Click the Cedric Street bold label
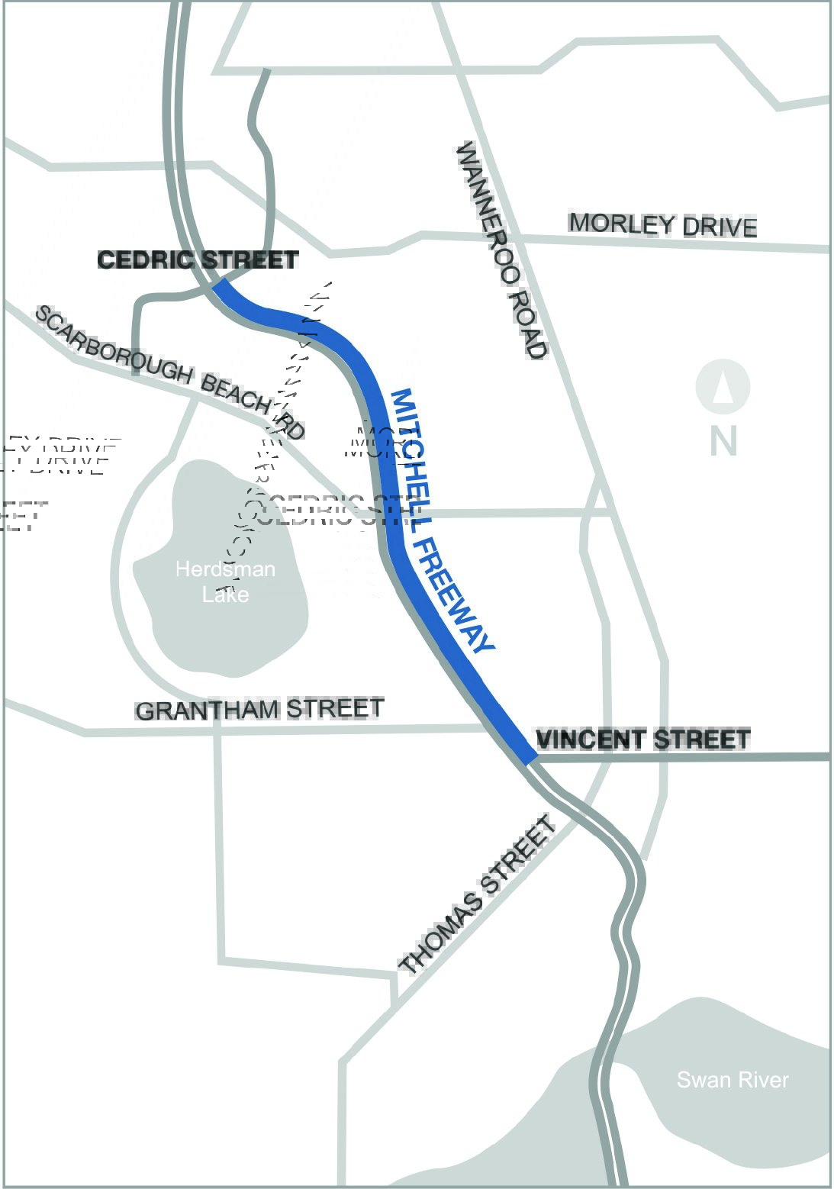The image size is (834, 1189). coord(198,260)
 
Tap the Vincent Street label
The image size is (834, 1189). coord(643,739)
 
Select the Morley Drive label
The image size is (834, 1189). coord(663,225)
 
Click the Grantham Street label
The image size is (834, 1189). coord(259,709)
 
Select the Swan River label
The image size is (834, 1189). coord(733,1080)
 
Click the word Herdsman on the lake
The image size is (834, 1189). coord(225,569)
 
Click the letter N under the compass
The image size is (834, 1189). coord(723,440)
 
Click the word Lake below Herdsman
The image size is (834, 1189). coord(225,594)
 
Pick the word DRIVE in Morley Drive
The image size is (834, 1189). coord(720,227)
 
